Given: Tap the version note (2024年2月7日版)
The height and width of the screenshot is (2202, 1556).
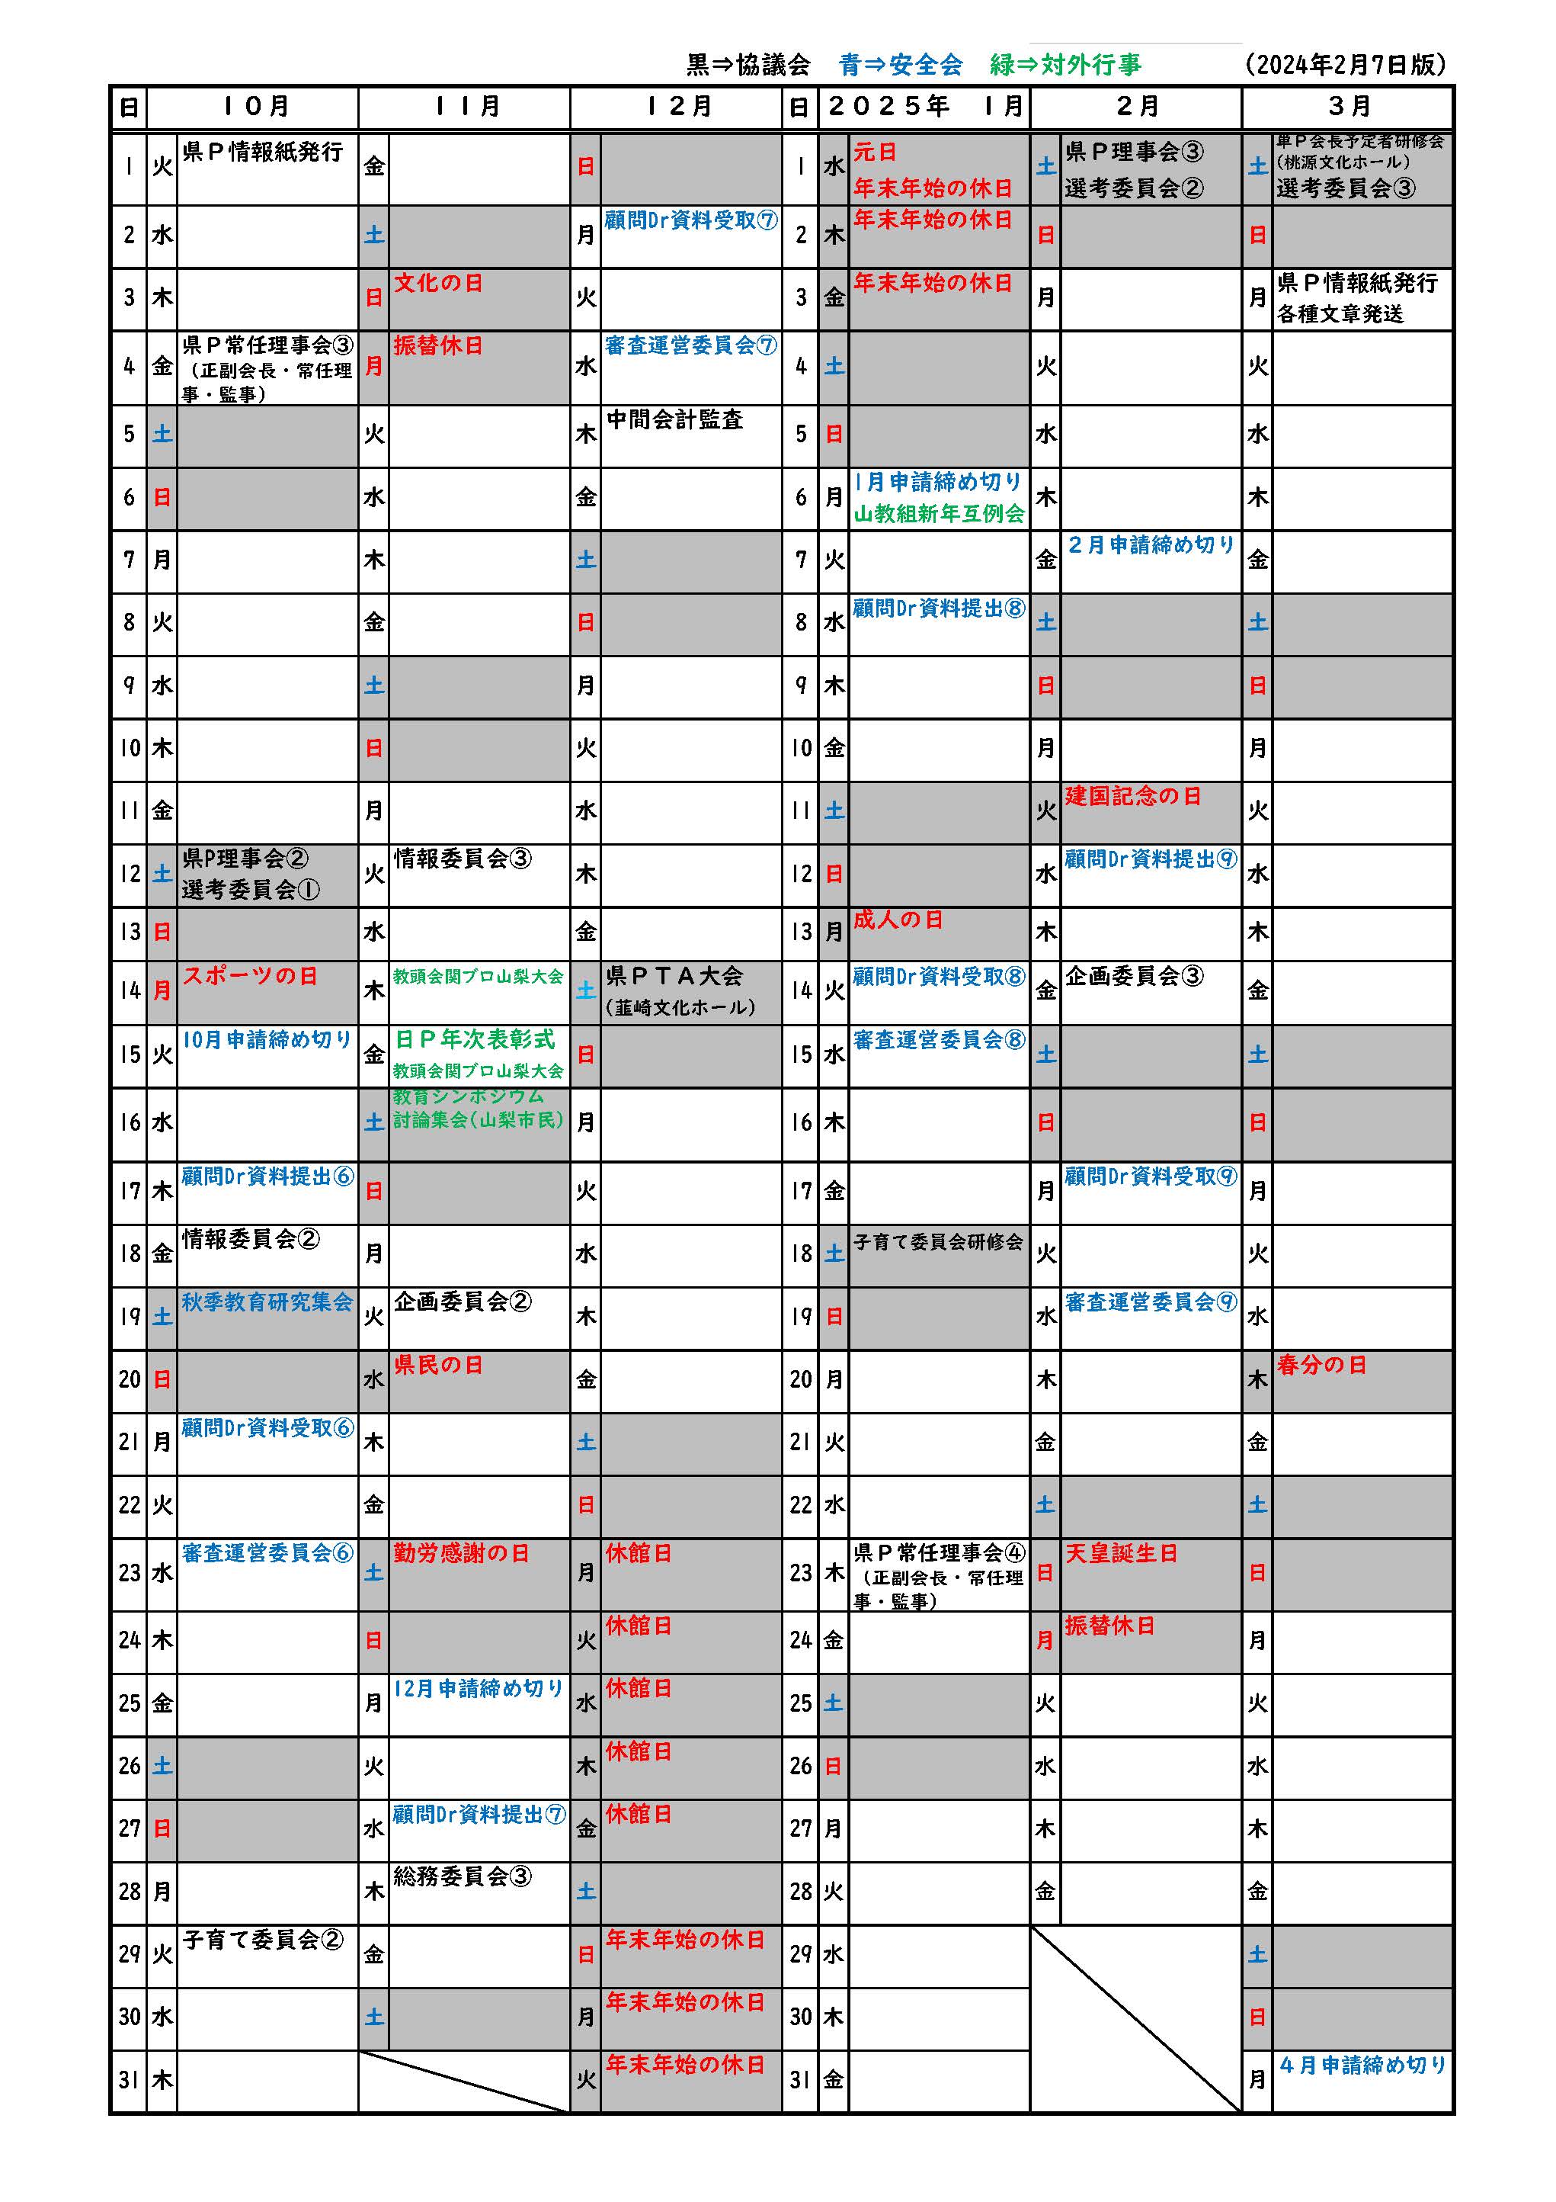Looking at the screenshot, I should [1345, 64].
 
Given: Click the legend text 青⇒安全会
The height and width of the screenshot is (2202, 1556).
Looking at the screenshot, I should [900, 64].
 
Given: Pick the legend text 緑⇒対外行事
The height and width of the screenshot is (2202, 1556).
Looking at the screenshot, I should [1065, 64].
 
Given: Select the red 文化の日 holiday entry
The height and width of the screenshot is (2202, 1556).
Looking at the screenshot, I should [438, 283].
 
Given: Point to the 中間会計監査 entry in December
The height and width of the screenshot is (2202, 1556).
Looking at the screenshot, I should [675, 419].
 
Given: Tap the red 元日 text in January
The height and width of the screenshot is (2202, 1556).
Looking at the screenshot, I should [876, 152].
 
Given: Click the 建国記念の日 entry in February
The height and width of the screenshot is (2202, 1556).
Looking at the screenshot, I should [1132, 796].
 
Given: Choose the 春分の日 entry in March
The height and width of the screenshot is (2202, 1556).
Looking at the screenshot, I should [1321, 1365].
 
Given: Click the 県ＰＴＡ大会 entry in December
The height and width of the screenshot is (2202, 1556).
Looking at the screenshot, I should [675, 976].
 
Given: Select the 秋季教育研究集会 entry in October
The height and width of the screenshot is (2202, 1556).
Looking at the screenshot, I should [267, 1302].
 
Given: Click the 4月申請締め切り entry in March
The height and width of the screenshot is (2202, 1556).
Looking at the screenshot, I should [1362, 2065].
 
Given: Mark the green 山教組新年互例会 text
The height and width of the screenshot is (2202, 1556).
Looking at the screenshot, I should [939, 514].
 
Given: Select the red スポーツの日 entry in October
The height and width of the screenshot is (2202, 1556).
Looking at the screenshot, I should [249, 976].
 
